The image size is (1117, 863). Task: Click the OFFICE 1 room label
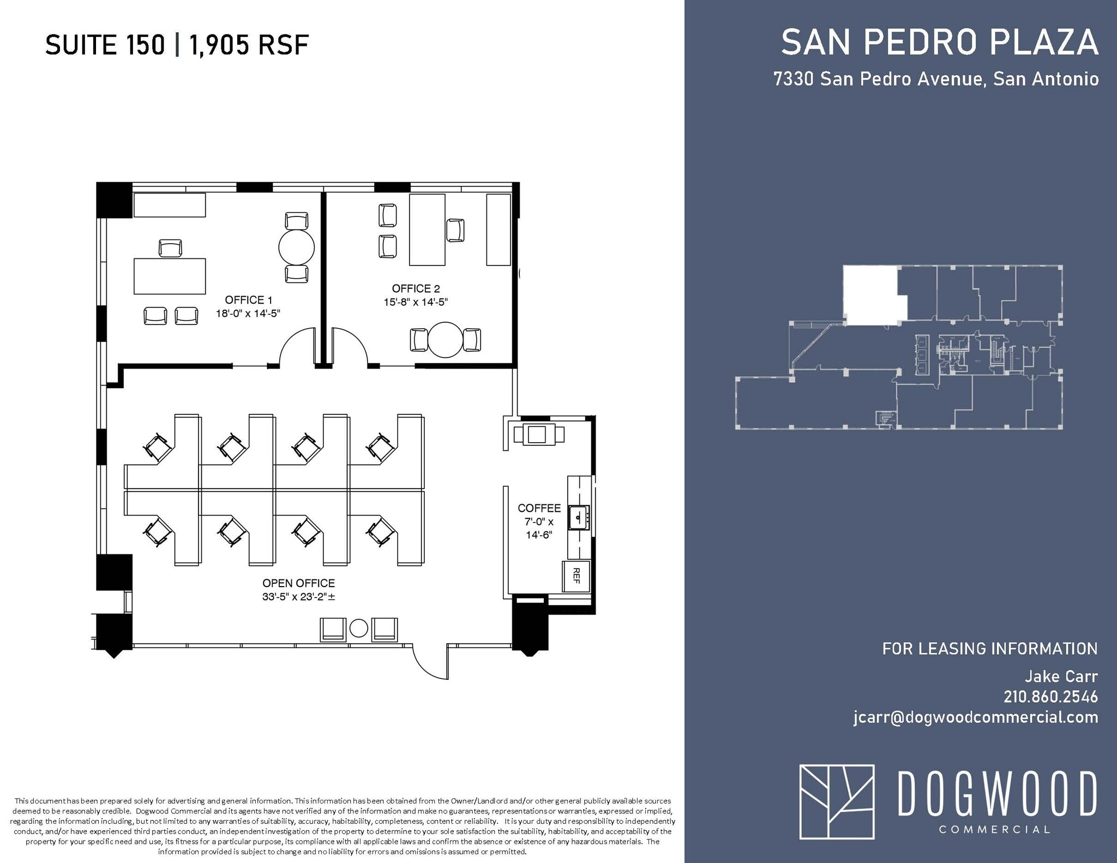(248, 300)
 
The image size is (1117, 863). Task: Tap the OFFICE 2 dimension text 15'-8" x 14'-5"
(416, 302)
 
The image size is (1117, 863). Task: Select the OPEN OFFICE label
(298, 583)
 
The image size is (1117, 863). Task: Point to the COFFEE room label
(539, 508)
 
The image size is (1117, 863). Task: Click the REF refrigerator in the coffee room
(576, 576)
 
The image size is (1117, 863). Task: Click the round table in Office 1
(296, 248)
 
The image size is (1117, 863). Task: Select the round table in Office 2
(445, 340)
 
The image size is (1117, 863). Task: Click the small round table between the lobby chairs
(358, 629)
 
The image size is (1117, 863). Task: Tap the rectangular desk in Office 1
(170, 276)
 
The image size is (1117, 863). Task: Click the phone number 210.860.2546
(1050, 697)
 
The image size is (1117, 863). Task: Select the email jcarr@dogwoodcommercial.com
(975, 717)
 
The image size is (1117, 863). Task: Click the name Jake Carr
(1061, 677)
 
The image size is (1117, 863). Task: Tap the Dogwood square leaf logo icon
(837, 801)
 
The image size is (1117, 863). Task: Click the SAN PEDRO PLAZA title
(939, 43)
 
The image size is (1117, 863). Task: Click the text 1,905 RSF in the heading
(249, 45)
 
